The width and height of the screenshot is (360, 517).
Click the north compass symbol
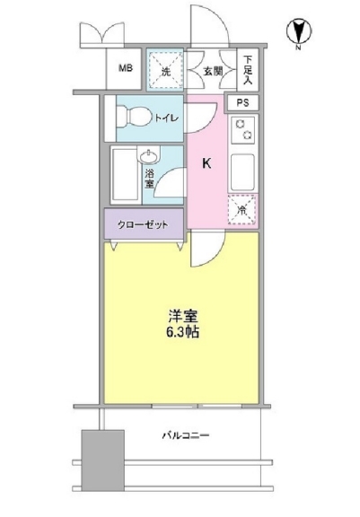(299, 32)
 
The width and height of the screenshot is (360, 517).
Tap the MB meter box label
(126, 68)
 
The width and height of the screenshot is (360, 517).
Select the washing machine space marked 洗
(165, 69)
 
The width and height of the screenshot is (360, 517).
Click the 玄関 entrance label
(213, 71)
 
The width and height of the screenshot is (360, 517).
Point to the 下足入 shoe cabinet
(248, 70)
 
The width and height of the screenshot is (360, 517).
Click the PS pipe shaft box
(242, 103)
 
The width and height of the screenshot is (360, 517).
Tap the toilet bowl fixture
(134, 116)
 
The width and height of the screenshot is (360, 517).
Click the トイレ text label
(167, 118)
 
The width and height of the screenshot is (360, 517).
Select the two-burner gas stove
(243, 129)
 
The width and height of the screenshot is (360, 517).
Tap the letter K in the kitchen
(206, 163)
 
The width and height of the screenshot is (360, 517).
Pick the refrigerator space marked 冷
(242, 210)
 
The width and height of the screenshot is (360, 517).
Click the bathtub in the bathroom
(125, 175)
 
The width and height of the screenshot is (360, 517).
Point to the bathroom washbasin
(149, 155)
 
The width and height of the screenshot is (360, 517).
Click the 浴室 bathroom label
(149, 179)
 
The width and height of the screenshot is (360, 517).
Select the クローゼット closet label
(143, 224)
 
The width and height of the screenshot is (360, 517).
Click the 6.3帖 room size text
(182, 332)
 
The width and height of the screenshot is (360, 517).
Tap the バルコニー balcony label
(186, 435)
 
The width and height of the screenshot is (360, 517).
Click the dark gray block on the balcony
(103, 460)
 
